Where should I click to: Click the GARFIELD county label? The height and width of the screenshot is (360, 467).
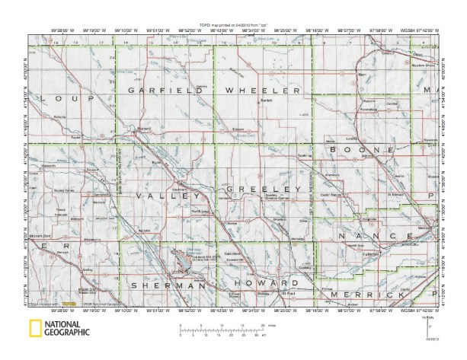(x=165, y=90)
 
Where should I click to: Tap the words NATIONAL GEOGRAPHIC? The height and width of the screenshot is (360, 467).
(x=66, y=328)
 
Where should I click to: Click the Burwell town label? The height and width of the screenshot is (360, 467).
(x=145, y=129)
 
